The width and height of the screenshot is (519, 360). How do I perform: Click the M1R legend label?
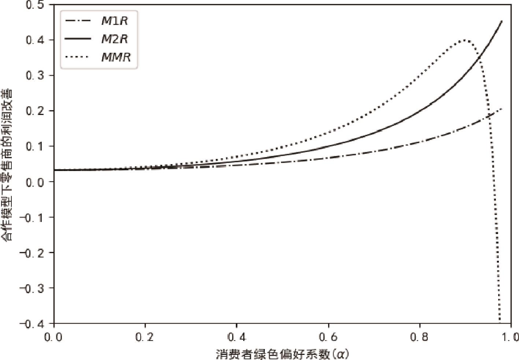click(114, 21)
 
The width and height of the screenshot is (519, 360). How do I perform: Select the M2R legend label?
click(114, 39)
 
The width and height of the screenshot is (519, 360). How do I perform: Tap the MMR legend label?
click(116, 57)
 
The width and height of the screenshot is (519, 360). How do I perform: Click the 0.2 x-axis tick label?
click(145, 337)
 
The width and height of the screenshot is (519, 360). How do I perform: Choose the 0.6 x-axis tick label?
click(328, 337)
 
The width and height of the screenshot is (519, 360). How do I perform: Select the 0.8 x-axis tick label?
click(420, 337)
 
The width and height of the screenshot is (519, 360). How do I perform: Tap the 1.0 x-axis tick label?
click(510, 337)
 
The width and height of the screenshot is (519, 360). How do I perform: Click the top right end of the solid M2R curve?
click(501, 21)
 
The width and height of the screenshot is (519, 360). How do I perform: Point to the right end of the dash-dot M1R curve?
click(501, 109)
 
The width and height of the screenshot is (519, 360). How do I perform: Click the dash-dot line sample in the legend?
click(78, 21)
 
